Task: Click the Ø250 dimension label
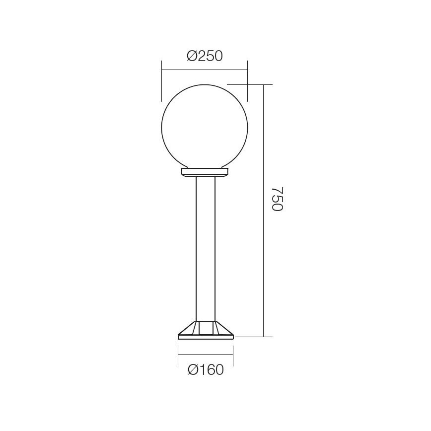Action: pyautogui.click(x=205, y=56)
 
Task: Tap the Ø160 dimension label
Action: pyautogui.click(x=206, y=370)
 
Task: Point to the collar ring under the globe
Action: pyautogui.click(x=205, y=172)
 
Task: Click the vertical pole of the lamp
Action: pyautogui.click(x=205, y=248)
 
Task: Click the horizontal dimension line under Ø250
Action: pyautogui.click(x=205, y=70)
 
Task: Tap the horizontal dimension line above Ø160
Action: pyautogui.click(x=206, y=355)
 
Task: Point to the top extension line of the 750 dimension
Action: pyautogui.click(x=253, y=85)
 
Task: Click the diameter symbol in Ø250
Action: pyautogui.click(x=192, y=56)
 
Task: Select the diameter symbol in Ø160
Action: pyautogui.click(x=194, y=370)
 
